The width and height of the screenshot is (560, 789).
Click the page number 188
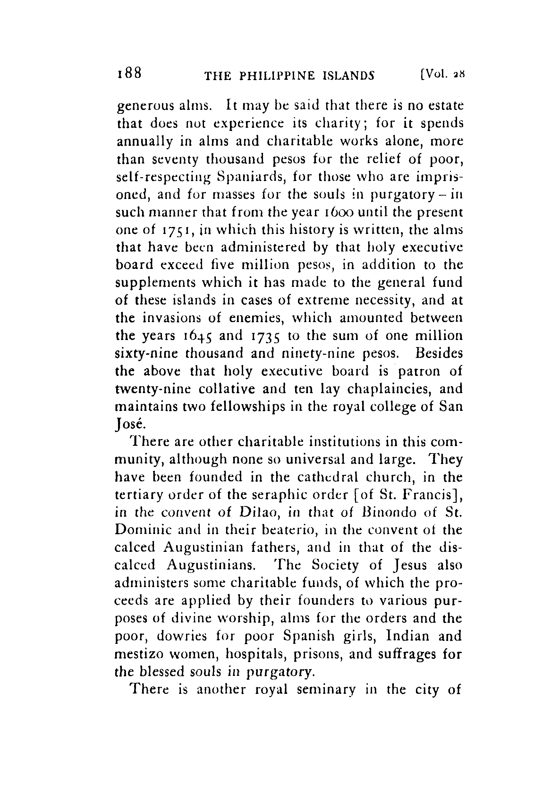(x=129, y=73)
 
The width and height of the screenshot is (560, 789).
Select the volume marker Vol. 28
(x=442, y=74)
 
